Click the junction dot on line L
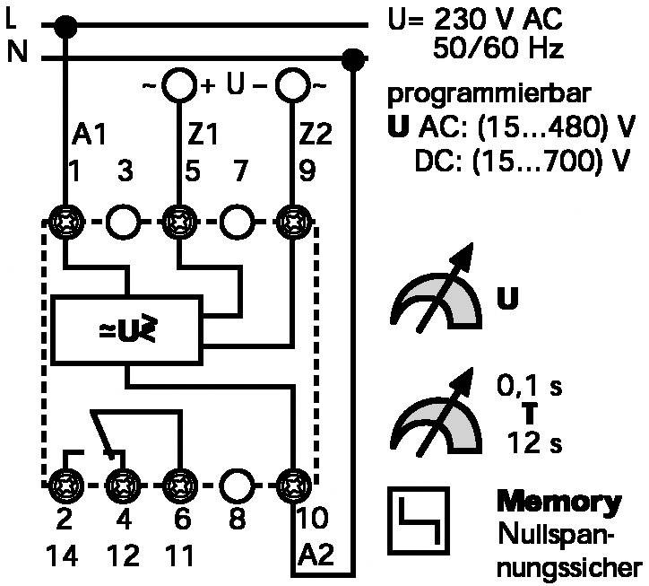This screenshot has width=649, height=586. [x=65, y=27]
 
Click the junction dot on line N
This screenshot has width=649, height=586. [x=353, y=60]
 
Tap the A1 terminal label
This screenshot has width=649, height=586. [x=89, y=134]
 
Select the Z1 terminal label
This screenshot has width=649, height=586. [x=203, y=134]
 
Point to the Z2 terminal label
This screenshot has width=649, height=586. [x=316, y=134]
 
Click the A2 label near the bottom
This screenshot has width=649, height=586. [x=316, y=555]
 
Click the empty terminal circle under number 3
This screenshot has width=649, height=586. [x=124, y=222]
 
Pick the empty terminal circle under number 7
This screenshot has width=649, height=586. [x=237, y=222]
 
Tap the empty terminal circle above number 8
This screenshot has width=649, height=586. [x=236, y=485]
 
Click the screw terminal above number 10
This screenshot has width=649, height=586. [x=293, y=485]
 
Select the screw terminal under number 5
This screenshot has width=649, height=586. [x=179, y=222]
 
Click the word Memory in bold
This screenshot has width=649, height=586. [x=558, y=502]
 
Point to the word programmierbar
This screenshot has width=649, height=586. [x=489, y=94]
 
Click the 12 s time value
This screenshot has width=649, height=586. [x=534, y=442]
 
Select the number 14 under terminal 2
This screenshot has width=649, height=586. [x=62, y=555]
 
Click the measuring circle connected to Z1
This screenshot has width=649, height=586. [x=179, y=86]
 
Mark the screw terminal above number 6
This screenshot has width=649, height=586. [x=179, y=485]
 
